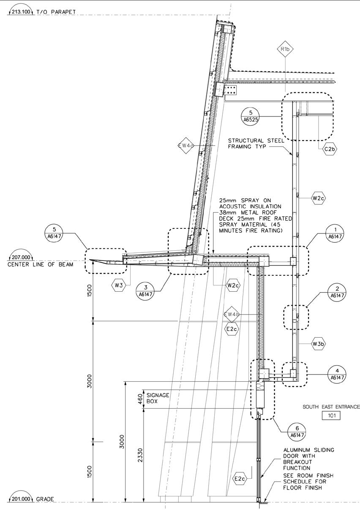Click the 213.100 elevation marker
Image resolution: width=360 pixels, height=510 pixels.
click(20, 11)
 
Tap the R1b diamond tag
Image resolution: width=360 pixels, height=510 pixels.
click(285, 49)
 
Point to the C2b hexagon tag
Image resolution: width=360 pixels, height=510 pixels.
click(330, 149)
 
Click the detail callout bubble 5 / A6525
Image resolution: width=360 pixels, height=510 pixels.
click(251, 116)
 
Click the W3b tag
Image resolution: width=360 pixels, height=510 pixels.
click(319, 344)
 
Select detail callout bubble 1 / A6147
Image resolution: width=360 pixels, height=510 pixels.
click(336, 233)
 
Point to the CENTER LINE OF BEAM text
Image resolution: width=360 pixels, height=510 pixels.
click(40, 265)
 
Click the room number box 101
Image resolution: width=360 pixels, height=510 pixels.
click(331, 415)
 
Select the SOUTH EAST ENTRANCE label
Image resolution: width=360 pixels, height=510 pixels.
click(331, 407)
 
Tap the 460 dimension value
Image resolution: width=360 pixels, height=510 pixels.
click(141, 399)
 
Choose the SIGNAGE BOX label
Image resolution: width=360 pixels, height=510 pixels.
click(158, 398)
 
